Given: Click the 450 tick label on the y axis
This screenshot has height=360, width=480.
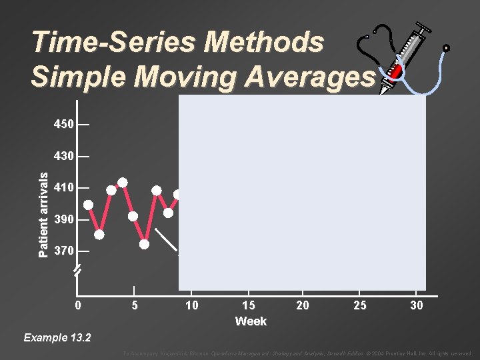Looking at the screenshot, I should click(64, 125).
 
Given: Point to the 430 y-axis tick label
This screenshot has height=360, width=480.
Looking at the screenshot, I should click(64, 156).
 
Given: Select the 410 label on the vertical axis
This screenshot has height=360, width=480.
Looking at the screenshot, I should click(64, 188).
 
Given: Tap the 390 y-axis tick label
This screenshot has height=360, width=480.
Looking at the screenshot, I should click(64, 220).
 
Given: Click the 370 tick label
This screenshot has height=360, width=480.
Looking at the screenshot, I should click(64, 251).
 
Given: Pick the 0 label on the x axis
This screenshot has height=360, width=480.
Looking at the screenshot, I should click(78, 305).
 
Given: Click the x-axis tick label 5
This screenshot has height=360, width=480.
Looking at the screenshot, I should click(134, 305).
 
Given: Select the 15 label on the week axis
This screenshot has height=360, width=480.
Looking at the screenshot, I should click(247, 305).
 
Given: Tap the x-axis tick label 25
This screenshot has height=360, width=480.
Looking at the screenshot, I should click(360, 305).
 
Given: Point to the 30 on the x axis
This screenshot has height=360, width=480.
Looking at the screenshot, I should click(416, 305).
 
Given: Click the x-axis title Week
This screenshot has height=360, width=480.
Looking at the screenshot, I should click(251, 321).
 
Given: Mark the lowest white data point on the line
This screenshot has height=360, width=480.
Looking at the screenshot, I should click(145, 244).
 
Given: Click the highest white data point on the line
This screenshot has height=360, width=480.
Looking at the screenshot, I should click(123, 183).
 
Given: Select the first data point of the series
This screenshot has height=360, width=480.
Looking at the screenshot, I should click(88, 205).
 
